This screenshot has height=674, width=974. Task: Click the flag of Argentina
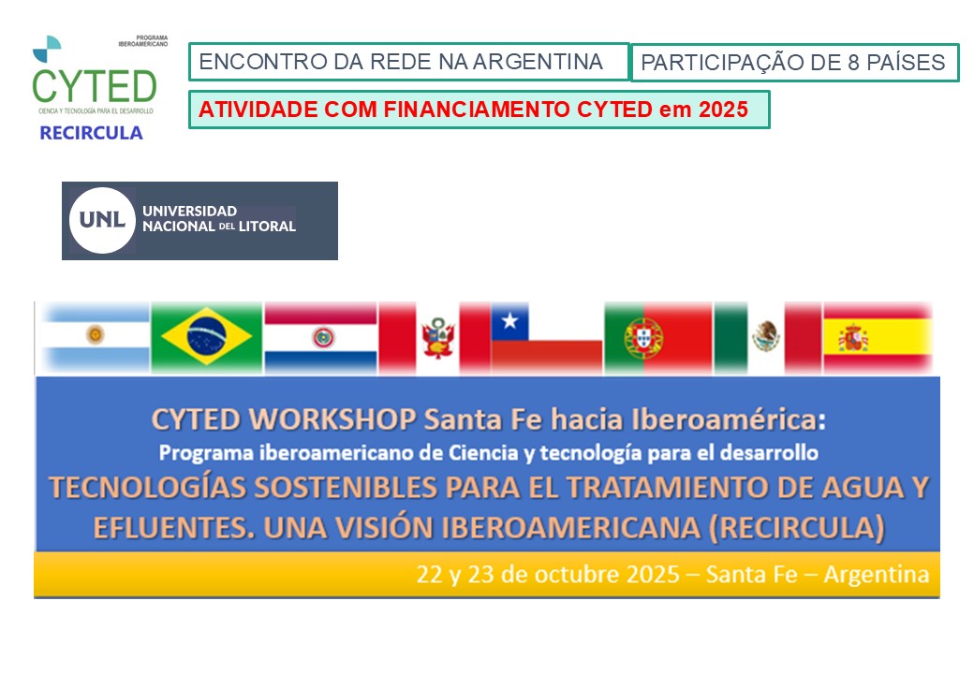94,336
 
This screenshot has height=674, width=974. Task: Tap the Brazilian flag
206,336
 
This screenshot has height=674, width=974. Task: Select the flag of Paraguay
320,336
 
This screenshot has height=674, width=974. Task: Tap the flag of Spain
877,336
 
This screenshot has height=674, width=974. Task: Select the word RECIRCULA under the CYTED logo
91,133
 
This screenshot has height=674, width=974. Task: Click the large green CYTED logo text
94,86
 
